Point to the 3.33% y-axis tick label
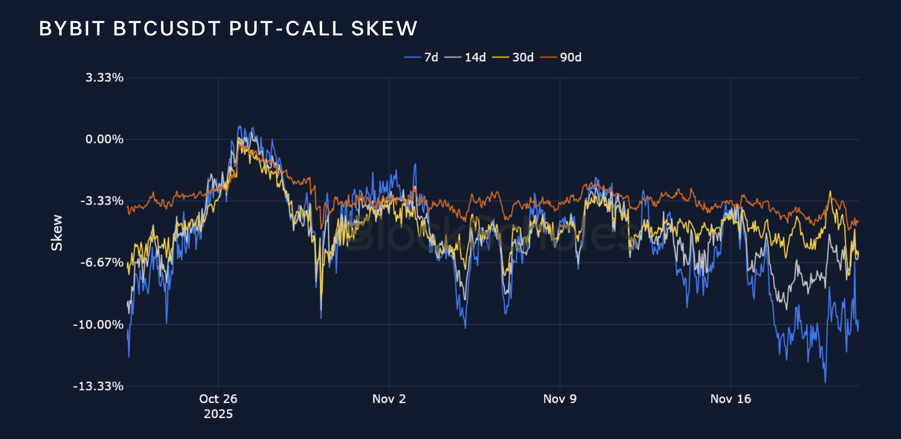click(104, 78)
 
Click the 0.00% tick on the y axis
click(104, 139)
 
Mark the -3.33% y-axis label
click(102, 201)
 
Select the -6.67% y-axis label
click(102, 262)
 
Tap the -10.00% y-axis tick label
click(98, 325)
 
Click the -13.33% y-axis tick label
click(98, 386)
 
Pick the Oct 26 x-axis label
click(218, 399)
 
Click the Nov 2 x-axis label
click(389, 399)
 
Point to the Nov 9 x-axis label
click(560, 399)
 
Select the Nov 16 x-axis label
click(731, 399)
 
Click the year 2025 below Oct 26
click(218, 414)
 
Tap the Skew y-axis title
click(57, 233)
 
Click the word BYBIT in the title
click(72, 29)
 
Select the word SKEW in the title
click(384, 29)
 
